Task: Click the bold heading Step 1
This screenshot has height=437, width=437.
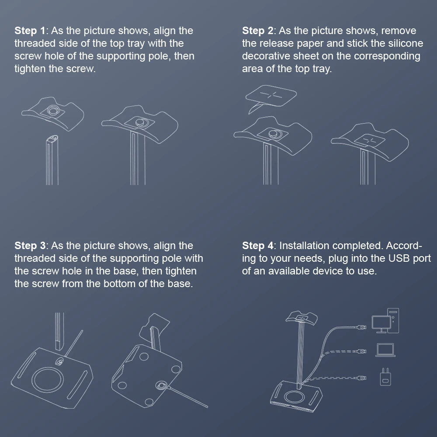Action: tap(30, 31)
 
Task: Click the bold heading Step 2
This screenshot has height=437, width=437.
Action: tap(257, 31)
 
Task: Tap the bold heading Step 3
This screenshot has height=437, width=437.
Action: tap(30, 246)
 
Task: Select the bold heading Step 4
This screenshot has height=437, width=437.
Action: tap(257, 246)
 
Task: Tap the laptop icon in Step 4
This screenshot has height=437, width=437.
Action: tap(385, 350)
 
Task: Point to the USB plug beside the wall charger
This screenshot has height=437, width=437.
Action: tap(361, 378)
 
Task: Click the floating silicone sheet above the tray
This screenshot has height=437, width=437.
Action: tap(271, 96)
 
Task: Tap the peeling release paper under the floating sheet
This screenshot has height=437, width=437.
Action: tap(255, 108)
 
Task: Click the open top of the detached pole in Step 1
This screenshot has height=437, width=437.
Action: tap(52, 138)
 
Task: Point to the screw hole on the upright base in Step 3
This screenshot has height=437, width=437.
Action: tap(59, 362)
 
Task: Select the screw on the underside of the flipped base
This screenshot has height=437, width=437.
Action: tap(161, 385)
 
